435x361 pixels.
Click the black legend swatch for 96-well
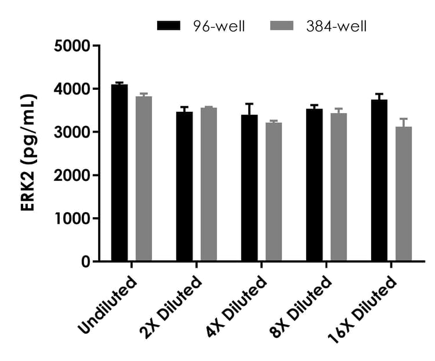[170, 26]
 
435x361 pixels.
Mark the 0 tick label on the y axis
[86, 262]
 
